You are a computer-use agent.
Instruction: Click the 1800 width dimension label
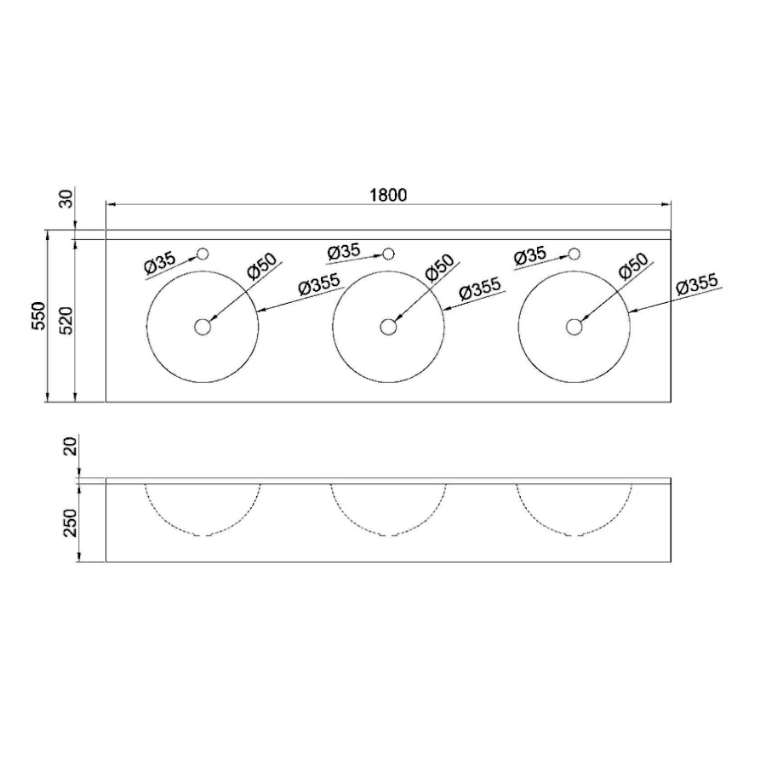coord(388,195)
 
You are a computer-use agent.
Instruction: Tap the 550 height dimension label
coord(38,316)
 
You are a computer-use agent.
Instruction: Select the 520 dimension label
coord(66,321)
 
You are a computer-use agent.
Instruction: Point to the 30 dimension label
coord(66,198)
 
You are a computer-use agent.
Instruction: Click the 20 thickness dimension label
coord(71,447)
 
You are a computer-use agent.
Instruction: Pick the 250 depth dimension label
coord(71,522)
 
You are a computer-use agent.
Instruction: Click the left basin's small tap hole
coord(203,254)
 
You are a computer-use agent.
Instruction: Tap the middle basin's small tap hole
coord(388,254)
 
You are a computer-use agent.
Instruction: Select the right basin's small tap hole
coord(574,254)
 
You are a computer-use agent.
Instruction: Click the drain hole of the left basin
coord(203,327)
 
